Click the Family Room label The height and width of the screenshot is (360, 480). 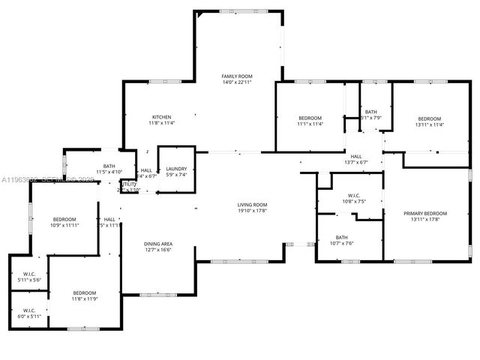(236, 76)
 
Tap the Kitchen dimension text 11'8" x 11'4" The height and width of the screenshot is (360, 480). (161, 123)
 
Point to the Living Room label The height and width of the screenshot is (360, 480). (253, 205)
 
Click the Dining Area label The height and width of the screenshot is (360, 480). (158, 244)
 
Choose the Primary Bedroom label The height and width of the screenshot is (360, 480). (425, 214)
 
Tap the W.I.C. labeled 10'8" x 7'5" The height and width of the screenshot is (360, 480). (342, 197)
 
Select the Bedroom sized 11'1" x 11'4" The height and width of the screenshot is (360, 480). (310, 118)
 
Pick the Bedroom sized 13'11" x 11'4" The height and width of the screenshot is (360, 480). (430, 118)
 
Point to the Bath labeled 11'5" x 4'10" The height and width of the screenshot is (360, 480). (109, 166)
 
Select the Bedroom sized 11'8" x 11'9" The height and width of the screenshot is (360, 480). (84, 292)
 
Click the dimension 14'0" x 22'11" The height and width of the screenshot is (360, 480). (236, 82)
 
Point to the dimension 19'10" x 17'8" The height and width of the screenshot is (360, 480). (253, 210)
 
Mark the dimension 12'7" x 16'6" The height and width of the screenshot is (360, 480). (158, 249)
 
